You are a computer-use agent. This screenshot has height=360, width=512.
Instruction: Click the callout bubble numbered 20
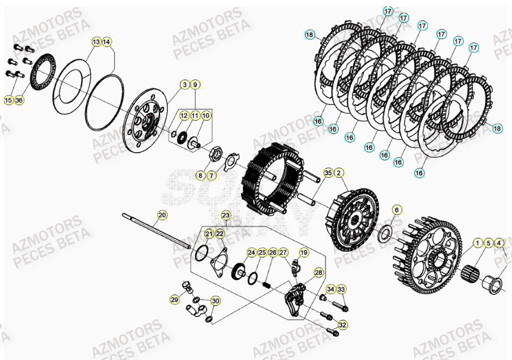tap(162, 215)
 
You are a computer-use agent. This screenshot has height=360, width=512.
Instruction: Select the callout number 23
tap(226, 216)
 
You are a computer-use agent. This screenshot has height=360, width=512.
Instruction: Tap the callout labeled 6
tap(397, 210)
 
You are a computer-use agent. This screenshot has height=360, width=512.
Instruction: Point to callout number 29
tap(174, 300)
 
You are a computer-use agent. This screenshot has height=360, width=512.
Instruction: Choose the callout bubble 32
tap(342, 325)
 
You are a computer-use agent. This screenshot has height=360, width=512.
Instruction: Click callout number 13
tap(96, 42)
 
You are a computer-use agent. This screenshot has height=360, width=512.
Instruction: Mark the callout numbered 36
tap(19, 101)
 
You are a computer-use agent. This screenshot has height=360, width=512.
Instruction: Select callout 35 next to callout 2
tap(328, 173)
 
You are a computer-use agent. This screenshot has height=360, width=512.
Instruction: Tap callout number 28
tap(318, 273)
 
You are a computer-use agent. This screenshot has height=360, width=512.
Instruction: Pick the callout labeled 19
tap(304, 252)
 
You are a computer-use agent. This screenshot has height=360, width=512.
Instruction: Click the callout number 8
tap(200, 176)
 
